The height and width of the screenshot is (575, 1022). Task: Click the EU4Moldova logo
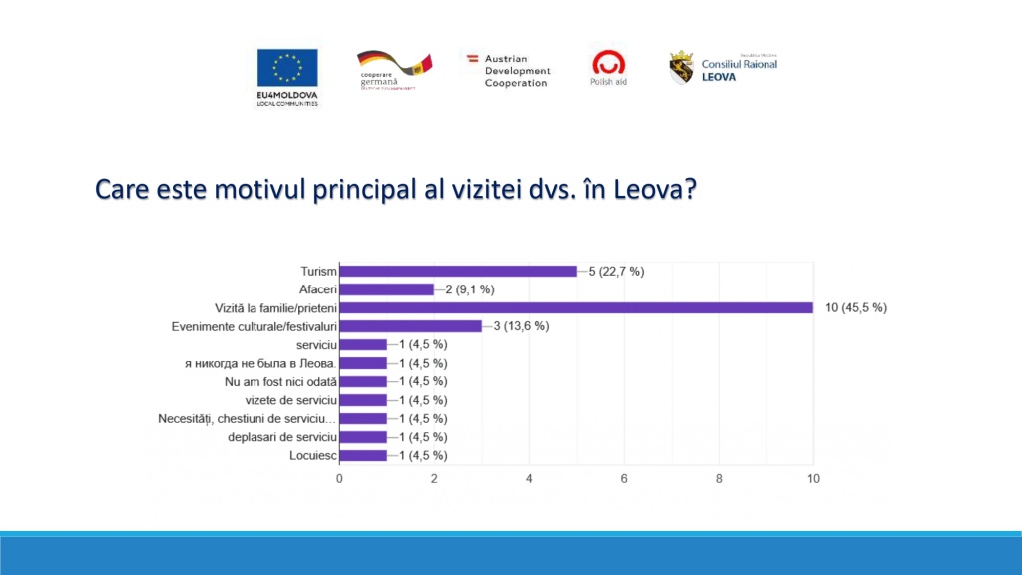pyautogui.click(x=287, y=76)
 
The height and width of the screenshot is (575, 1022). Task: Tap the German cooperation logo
pyautogui.click(x=394, y=70)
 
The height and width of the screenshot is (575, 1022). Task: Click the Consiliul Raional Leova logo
pyautogui.click(x=723, y=67)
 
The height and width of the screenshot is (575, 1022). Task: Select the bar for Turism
pyautogui.click(x=458, y=271)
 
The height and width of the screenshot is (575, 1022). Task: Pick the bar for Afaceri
pyautogui.click(x=386, y=289)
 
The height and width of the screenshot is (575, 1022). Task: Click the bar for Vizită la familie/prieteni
pyautogui.click(x=576, y=307)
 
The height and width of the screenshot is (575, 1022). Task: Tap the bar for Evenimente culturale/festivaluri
pyautogui.click(x=410, y=326)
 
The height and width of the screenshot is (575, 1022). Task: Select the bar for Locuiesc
pyautogui.click(x=363, y=455)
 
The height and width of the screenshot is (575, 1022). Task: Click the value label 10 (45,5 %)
pyautogui.click(x=856, y=307)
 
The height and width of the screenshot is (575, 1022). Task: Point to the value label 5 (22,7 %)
pyautogui.click(x=619, y=271)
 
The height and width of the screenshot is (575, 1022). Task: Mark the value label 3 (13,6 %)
pyautogui.click(x=524, y=326)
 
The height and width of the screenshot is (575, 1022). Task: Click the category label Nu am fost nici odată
pyautogui.click(x=281, y=381)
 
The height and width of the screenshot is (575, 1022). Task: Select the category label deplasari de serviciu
pyautogui.click(x=273, y=437)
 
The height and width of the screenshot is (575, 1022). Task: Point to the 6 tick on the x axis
pyautogui.click(x=624, y=479)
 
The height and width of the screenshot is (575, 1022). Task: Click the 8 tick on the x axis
pyautogui.click(x=719, y=479)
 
